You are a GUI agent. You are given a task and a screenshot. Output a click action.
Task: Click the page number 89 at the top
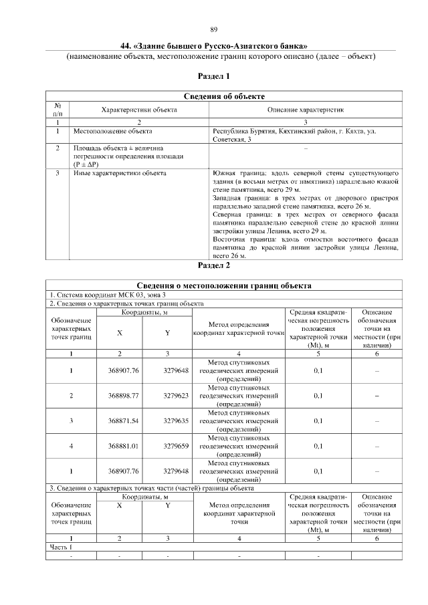click(x=214, y=30)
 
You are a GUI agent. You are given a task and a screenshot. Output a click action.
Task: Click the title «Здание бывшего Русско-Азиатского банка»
click(x=214, y=46)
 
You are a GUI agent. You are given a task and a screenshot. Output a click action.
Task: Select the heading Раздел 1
click(x=214, y=77)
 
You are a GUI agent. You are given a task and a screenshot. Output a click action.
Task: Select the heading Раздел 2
click(x=214, y=265)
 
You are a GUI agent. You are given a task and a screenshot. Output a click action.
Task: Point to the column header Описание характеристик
click(x=306, y=109)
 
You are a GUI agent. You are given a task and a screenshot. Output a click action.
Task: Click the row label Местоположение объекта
click(x=112, y=132)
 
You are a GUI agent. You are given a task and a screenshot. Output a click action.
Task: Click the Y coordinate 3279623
click(x=177, y=396)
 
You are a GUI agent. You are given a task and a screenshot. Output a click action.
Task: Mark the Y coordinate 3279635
click(x=177, y=421)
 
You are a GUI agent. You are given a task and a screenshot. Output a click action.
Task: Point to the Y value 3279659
click(x=177, y=446)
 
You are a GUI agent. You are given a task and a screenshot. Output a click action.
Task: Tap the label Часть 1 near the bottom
click(x=61, y=547)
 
